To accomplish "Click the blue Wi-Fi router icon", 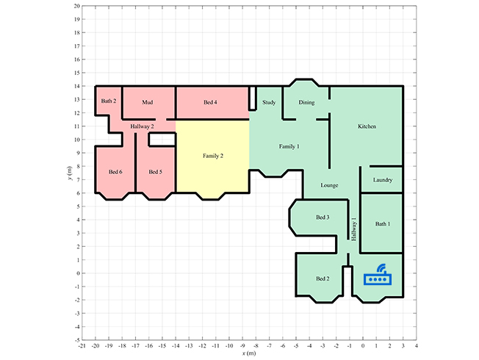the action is click(378, 275).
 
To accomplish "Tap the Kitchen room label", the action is click(367, 126).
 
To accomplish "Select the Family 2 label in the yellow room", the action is click(213, 156).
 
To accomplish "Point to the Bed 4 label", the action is click(210, 102).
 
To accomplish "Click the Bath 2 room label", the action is click(109, 101).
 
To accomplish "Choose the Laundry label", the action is click(383, 180).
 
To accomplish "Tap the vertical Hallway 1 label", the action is click(354, 229).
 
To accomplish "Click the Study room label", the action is click(269, 102).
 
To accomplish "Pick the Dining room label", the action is click(306, 102).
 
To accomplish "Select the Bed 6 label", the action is click(115, 172).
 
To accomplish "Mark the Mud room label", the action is click(147, 102).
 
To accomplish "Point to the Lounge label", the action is click(329, 185).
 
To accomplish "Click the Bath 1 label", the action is click(383, 224).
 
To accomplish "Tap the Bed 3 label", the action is click(323, 217).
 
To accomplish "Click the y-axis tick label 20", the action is click(76, 6).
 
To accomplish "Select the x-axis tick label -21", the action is click(82, 346).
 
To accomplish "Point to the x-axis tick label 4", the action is click(417, 346).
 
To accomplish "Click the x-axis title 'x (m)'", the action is click(249, 353).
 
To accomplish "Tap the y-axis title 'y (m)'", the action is click(70, 173).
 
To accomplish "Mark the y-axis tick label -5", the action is click(77, 340).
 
